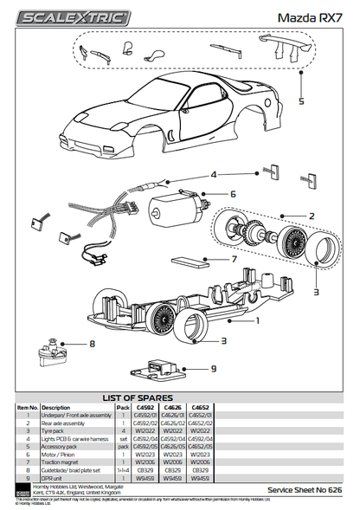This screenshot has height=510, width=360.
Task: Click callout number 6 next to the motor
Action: (233, 194)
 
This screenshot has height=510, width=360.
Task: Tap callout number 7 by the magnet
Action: (235, 258)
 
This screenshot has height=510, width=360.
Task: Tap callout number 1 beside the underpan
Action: (257, 320)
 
